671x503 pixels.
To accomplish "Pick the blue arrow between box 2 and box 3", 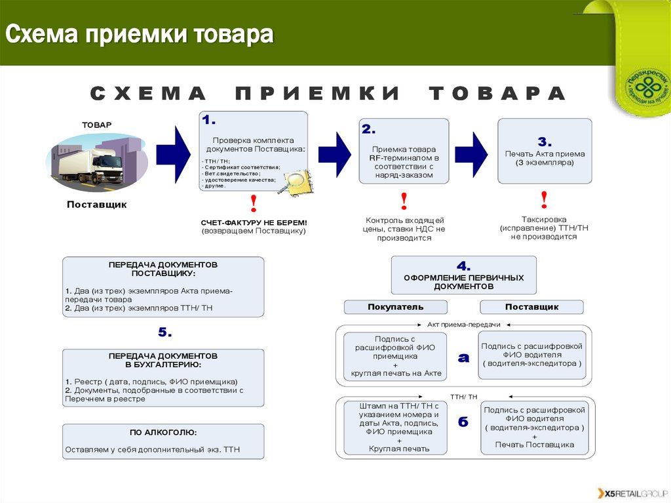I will (x=471, y=153).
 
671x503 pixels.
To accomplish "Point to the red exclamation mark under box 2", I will (x=404, y=199).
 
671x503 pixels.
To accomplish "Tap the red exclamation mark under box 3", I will (x=543, y=199).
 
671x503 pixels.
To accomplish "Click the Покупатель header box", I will (x=396, y=307).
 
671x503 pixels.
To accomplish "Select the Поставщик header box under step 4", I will (x=531, y=307).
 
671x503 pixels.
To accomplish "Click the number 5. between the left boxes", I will (x=164, y=333).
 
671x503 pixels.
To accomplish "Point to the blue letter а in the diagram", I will (x=463, y=357).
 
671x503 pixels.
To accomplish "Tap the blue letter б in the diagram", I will (x=463, y=422).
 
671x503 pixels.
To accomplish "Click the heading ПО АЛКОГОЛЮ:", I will (x=163, y=433).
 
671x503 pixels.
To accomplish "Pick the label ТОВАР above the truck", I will (x=96, y=125).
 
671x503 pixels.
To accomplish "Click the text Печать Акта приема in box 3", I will (x=545, y=153).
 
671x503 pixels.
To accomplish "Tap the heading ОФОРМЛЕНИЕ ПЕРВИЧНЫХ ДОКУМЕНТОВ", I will (x=463, y=282).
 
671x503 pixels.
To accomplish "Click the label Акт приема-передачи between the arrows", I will (x=463, y=325).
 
